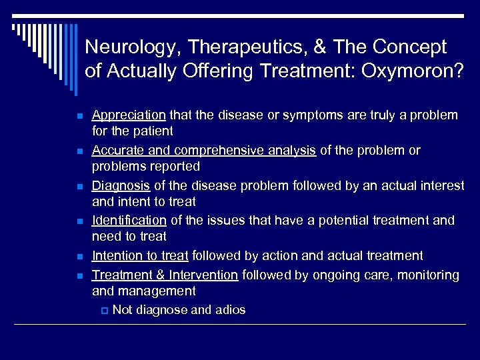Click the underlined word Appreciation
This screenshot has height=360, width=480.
pyautogui.click(x=129, y=115)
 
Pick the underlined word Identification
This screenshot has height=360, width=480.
pyautogui.click(x=129, y=221)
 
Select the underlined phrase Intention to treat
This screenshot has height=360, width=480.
pyautogui.click(x=141, y=256)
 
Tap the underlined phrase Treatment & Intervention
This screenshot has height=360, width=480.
pyautogui.click(x=165, y=275)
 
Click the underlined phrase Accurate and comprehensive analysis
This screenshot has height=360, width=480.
pyautogui.click(x=203, y=151)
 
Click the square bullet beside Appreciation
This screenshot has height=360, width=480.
pyautogui.click(x=79, y=116)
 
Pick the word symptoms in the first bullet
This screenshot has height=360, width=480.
pyautogui.click(x=304, y=115)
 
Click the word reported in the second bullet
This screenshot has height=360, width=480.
pyautogui.click(x=177, y=166)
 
